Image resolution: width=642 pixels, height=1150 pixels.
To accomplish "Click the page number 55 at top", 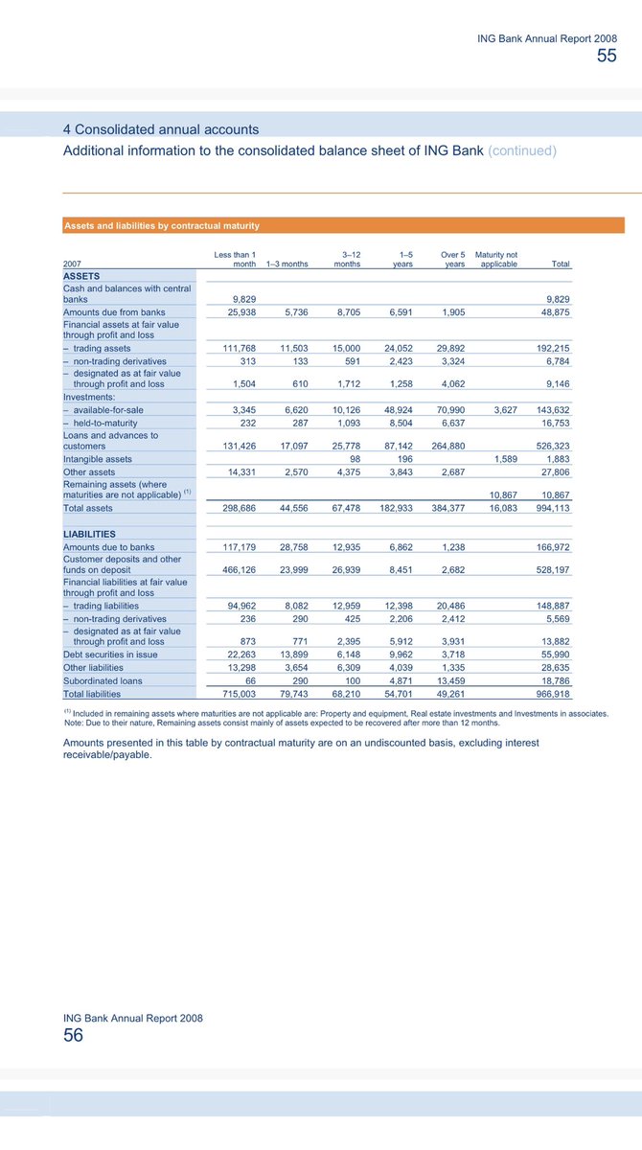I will pos(607,56).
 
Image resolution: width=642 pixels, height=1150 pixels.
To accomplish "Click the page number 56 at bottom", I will pos(73,1035).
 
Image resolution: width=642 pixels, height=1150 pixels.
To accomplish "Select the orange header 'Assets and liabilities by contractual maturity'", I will pos(161,226).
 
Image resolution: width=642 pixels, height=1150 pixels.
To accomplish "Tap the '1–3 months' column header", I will pos(287,264).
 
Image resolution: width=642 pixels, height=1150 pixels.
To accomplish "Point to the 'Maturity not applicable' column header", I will pos(496,260).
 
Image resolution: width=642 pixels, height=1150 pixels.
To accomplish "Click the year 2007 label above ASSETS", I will pos(73,264).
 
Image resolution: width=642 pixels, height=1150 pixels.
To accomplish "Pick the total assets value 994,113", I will pos(551,508).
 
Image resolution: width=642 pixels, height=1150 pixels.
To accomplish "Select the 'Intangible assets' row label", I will pos(97,459).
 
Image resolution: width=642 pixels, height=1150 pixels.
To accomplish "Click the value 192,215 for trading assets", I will pos(551,348).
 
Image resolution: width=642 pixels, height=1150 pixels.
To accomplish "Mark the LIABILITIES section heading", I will pos(89,533).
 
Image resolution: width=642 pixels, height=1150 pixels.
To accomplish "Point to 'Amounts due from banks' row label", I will pos(114,312).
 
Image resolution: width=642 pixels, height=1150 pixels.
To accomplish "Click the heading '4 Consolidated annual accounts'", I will pos(160,129).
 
